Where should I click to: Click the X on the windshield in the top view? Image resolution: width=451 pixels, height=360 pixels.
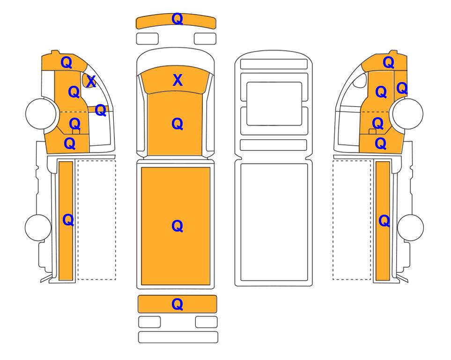177,80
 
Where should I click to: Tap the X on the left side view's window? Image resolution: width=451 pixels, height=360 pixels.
91,82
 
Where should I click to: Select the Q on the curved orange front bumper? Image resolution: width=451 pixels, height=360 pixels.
177,19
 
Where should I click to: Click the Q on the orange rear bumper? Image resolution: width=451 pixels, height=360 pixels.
177,304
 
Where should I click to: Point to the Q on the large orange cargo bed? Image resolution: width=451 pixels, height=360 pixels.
177,226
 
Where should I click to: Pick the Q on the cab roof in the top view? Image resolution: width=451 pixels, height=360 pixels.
177,124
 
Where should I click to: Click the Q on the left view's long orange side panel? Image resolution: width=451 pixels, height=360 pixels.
68,220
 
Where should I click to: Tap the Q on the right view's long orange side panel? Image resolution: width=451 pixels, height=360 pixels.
384,221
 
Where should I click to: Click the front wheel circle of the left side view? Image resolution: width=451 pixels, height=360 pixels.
41,114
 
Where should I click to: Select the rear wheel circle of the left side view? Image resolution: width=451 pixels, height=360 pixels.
38,227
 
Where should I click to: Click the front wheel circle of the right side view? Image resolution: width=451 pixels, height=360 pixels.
408,114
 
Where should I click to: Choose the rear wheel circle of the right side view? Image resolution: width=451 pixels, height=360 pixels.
410,227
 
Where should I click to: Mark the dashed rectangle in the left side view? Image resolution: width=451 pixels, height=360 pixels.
96,220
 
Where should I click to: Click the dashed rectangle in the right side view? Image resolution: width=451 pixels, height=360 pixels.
352,220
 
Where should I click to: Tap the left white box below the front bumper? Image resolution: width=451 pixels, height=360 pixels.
147,39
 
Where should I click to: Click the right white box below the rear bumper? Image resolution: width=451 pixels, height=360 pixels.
206,322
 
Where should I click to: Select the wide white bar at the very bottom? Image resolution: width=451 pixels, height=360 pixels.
178,337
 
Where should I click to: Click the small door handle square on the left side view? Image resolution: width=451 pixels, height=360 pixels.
76,132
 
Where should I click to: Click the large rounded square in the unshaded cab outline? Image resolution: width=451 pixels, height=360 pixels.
274,104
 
